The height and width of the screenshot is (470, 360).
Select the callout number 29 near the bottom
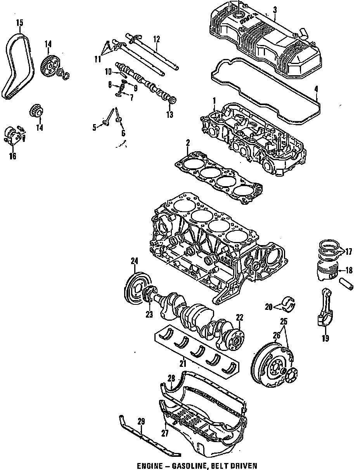coord(141,421)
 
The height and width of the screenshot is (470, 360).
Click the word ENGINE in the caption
coord(149,465)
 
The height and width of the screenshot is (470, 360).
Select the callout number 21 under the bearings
coord(183,364)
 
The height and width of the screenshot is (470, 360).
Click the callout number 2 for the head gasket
coord(187,143)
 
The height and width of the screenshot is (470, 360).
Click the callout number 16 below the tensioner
coord(13,156)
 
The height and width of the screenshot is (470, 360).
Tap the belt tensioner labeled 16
coord(14,136)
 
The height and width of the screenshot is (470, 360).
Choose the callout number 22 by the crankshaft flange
coord(239,318)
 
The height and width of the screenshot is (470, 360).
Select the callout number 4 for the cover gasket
coord(317,89)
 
